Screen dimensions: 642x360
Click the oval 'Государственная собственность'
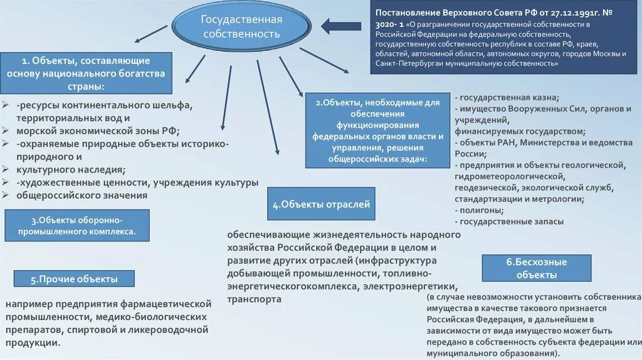click(241, 27)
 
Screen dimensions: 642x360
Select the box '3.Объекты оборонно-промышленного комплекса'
click(77, 226)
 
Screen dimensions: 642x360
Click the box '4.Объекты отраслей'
click(321, 204)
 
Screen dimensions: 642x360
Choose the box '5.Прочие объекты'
click(74, 280)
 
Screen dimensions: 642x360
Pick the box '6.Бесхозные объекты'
click(537, 268)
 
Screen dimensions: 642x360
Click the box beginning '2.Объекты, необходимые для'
click(377, 130)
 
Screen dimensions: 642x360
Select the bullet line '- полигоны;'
click(482, 210)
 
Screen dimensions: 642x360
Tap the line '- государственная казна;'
click(508, 97)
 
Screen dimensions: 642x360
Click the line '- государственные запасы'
click(510, 221)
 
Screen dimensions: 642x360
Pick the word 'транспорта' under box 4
click(254, 299)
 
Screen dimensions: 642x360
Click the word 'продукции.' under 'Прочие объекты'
click(33, 342)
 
